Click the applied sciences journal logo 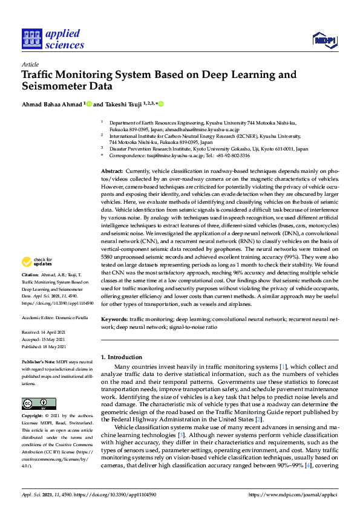(x=53, y=39)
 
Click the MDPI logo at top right (x=324, y=41)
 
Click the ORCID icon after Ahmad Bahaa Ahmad (x=89, y=104)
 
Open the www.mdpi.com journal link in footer (x=292, y=494)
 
